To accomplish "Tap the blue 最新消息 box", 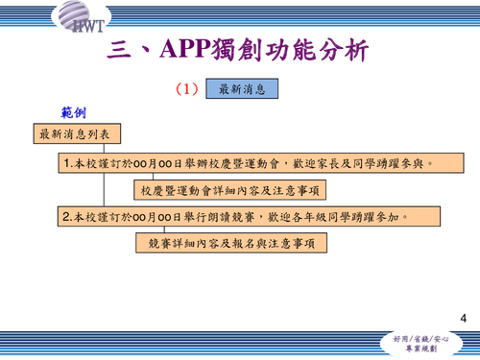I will tap(241, 89).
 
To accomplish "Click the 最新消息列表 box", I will tap(74, 134).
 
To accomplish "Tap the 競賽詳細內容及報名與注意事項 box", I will tap(230, 244).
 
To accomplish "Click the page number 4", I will tap(464, 318).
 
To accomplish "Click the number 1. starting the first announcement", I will tap(68, 163).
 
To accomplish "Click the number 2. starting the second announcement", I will tap(68, 217).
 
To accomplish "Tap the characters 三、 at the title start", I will tap(134, 51).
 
